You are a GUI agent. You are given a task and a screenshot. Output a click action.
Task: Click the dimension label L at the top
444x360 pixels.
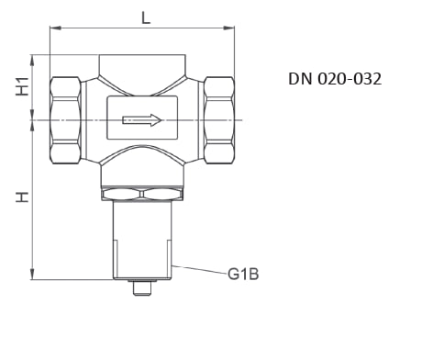click(146, 17)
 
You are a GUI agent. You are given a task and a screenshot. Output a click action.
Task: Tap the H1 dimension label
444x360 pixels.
click(22, 86)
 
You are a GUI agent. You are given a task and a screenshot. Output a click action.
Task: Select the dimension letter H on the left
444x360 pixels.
click(22, 197)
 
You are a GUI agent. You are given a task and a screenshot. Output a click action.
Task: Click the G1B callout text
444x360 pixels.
click(243, 274)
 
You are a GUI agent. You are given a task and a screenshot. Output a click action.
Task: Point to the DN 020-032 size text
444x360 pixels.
click(335, 79)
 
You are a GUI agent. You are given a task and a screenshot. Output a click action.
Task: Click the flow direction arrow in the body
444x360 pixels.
click(142, 120)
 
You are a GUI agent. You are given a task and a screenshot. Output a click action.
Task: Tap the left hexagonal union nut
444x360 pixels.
click(66, 120)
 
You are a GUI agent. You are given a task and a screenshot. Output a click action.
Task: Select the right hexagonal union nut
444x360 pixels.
click(219, 120)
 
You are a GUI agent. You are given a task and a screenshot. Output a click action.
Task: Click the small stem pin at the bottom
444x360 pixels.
click(142, 288)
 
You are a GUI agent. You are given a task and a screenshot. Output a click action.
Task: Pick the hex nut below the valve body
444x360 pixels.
click(142, 194)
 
